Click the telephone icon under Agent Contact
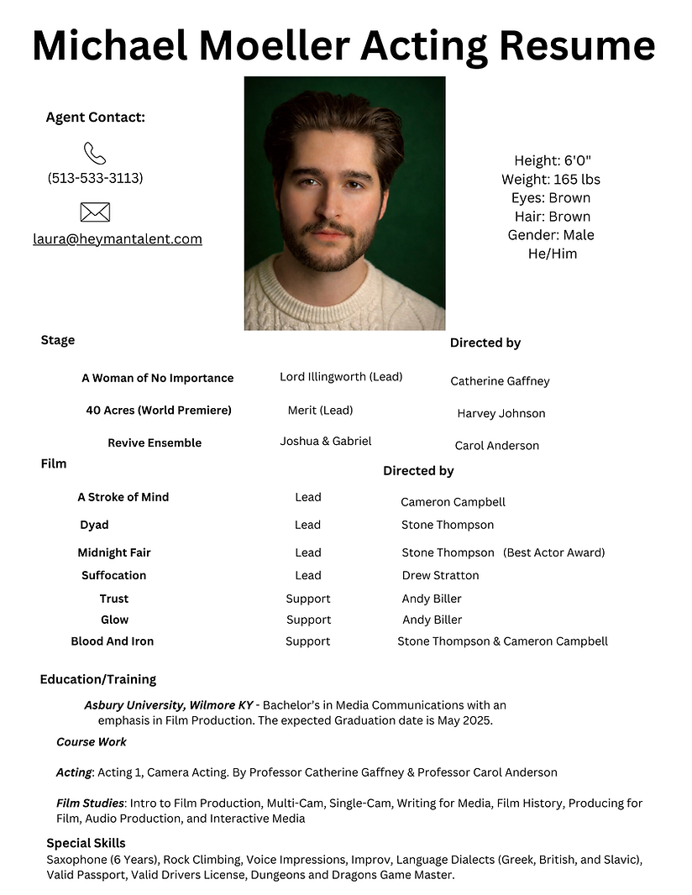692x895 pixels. click(95, 153)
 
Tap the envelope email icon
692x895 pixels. click(95, 212)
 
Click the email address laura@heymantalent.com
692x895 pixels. click(118, 239)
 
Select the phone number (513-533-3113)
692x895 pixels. click(95, 178)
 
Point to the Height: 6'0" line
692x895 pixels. click(553, 160)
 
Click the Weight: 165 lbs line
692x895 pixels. click(551, 179)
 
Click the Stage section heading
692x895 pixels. click(58, 340)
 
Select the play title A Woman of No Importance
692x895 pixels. click(157, 378)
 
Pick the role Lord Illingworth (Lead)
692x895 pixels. click(341, 377)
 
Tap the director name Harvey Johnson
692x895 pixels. click(501, 413)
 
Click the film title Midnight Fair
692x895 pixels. click(114, 552)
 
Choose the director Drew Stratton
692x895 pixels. click(440, 575)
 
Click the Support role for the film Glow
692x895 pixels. click(308, 620)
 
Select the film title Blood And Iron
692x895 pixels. click(113, 641)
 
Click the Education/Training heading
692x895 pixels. click(98, 679)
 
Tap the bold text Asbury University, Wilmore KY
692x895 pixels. click(168, 705)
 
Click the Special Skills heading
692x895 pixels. click(86, 843)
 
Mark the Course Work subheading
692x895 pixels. click(92, 741)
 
